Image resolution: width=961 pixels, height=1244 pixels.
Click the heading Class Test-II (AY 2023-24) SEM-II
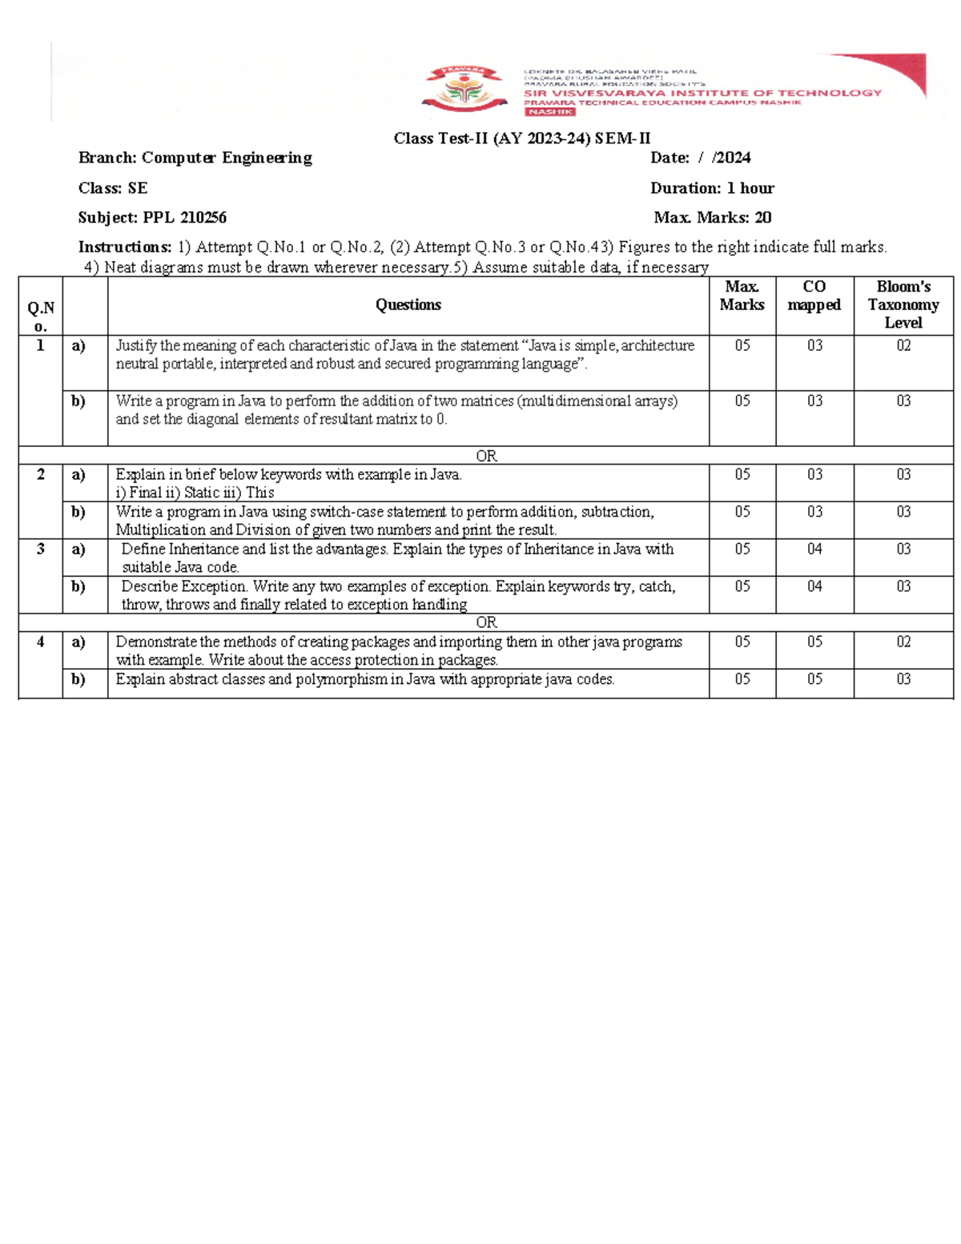click(x=521, y=139)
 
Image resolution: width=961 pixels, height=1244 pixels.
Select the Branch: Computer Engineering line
click(x=195, y=158)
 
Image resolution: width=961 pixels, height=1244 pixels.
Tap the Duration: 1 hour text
click(x=711, y=188)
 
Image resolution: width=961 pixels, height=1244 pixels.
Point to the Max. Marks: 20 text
click(x=712, y=217)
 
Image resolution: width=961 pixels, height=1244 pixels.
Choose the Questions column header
click(x=408, y=304)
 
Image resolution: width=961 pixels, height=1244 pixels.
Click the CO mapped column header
click(x=814, y=296)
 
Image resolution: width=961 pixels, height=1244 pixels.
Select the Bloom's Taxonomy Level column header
click(x=903, y=304)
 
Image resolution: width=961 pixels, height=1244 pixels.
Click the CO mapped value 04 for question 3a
click(x=814, y=549)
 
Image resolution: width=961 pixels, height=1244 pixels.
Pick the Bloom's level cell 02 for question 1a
click(x=903, y=345)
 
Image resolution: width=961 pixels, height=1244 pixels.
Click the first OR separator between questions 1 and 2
click(x=486, y=456)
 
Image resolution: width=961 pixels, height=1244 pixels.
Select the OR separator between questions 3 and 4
click(x=486, y=622)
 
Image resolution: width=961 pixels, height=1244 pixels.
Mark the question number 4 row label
click(x=41, y=642)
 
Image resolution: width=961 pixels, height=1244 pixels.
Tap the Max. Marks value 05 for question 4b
click(x=742, y=679)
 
